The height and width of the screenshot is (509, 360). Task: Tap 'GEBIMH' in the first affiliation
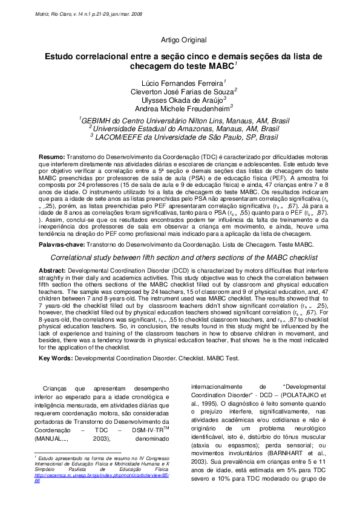point(99,120)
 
